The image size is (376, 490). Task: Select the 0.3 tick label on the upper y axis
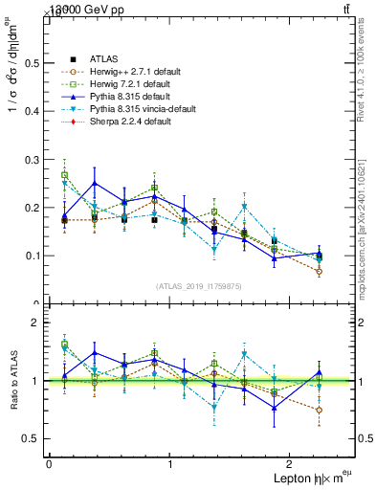pos(32,159)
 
